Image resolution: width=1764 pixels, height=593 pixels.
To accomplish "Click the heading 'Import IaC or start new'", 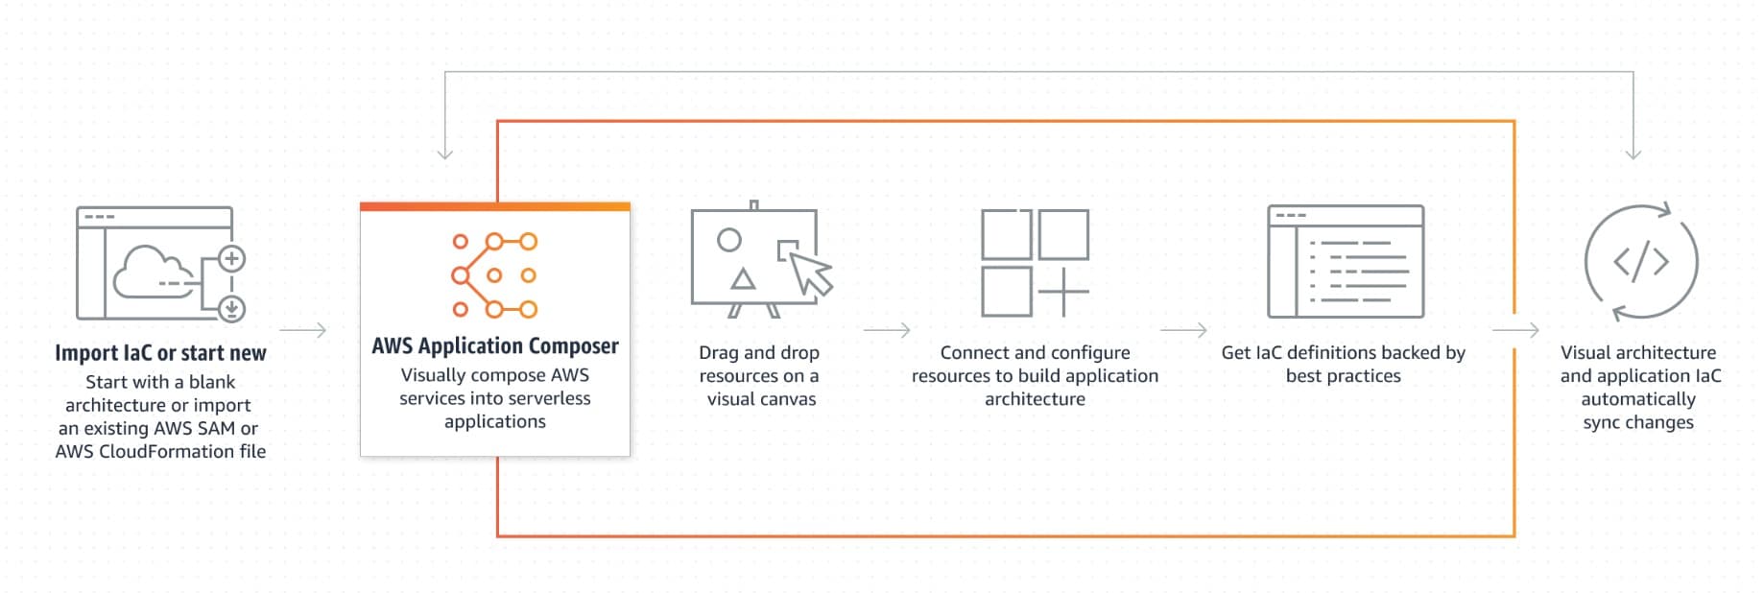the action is tap(160, 353).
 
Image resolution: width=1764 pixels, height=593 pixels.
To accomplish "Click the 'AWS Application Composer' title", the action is tap(495, 345).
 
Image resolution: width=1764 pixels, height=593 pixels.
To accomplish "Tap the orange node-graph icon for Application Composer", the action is tap(494, 275).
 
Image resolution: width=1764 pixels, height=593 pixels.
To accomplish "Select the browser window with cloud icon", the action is tap(155, 263).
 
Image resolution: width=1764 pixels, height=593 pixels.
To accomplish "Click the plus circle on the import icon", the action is tap(232, 258).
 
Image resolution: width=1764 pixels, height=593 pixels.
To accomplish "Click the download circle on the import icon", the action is tap(232, 308).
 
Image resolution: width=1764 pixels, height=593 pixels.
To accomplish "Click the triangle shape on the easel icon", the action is tap(743, 279).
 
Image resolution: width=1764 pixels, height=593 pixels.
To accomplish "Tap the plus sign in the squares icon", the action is tap(1063, 291).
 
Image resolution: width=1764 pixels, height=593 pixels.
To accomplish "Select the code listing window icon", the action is tap(1346, 261).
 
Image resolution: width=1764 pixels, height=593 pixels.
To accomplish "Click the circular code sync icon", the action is tap(1641, 261).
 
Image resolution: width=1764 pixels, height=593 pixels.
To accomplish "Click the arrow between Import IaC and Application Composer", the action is tap(303, 330).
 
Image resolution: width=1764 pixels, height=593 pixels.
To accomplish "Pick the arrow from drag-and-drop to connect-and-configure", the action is tap(887, 330).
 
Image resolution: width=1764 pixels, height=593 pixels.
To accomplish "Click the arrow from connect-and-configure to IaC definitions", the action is tap(1183, 330).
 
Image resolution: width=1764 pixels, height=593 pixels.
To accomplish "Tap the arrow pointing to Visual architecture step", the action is tap(1516, 330).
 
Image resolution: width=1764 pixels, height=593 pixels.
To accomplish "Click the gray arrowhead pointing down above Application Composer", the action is tap(444, 154).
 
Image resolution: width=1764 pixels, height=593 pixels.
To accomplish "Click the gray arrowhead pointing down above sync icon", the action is tap(1633, 154).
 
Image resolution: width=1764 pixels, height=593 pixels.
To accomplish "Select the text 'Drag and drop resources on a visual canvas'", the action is tap(759, 376).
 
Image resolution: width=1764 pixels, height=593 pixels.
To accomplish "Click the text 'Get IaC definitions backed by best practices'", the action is tap(1344, 365).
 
